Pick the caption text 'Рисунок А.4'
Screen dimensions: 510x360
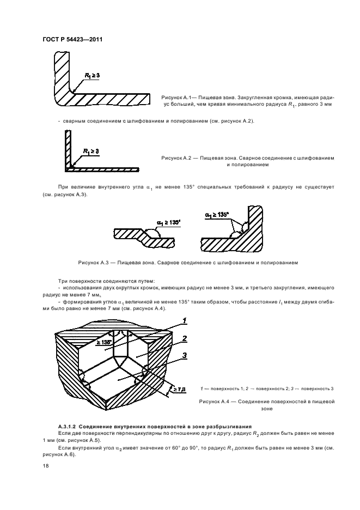tap(216, 402)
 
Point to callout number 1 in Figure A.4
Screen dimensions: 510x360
tap(184, 320)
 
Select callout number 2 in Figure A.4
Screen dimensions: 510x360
tap(185, 339)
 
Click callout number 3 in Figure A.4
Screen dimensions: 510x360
tap(185, 355)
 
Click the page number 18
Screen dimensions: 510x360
tap(45, 466)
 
